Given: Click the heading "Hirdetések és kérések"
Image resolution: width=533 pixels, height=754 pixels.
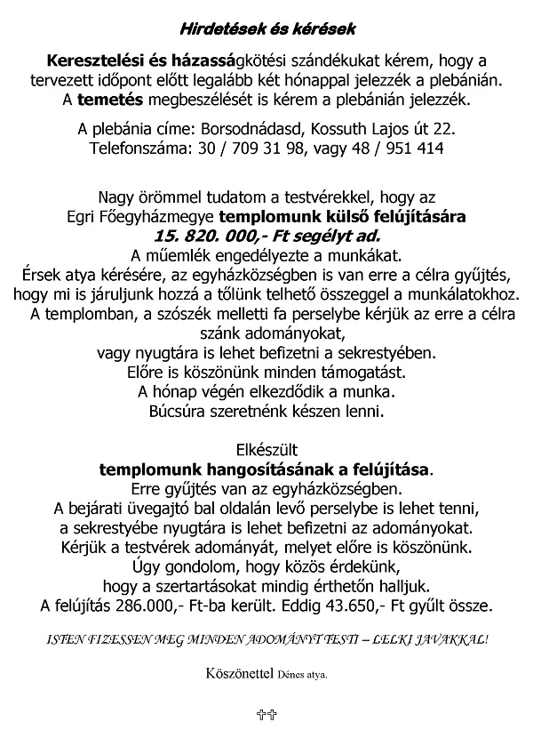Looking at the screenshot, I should [x=266, y=29].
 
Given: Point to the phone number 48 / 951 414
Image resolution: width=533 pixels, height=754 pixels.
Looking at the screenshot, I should [x=397, y=149].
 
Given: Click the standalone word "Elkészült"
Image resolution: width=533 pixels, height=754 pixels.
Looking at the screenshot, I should [x=266, y=448].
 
